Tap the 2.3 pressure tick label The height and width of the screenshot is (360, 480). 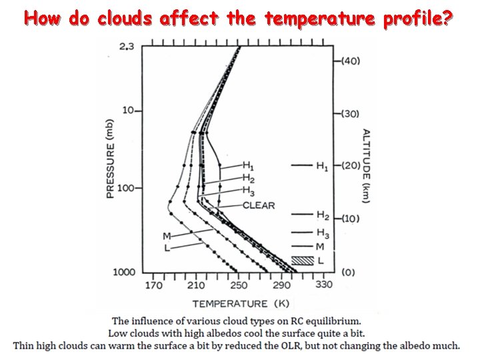[127, 45]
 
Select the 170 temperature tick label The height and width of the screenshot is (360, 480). [153, 285]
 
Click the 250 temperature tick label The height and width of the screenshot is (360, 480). [238, 285]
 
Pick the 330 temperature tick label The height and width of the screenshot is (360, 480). [323, 285]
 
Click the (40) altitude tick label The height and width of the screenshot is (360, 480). [350, 61]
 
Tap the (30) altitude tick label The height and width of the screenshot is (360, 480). [350, 114]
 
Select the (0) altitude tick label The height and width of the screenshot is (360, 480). [347, 272]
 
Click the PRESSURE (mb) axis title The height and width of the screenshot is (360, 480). [110, 157]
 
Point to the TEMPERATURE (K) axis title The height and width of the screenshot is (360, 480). [231, 304]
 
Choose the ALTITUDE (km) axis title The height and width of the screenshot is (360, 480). [366, 165]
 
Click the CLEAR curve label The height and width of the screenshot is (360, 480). [259, 205]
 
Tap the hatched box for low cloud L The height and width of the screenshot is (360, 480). [303, 260]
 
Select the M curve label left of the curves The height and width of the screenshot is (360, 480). [167, 236]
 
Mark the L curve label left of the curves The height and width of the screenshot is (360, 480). [167, 248]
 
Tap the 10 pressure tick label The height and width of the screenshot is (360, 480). [128, 110]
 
